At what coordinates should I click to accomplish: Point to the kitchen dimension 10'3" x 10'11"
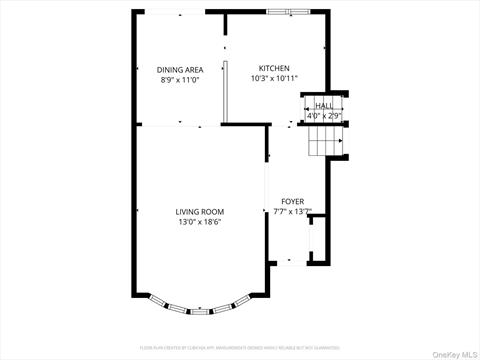pyautogui.click(x=273, y=78)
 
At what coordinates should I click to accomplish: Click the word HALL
pyautogui.click(x=324, y=105)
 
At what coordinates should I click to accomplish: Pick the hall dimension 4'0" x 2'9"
pyautogui.click(x=324, y=115)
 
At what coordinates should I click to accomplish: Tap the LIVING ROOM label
pyautogui.click(x=200, y=212)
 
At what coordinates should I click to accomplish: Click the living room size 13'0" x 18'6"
pyautogui.click(x=200, y=222)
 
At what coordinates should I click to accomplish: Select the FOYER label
pyautogui.click(x=292, y=201)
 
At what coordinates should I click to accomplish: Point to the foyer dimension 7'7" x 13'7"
pyautogui.click(x=292, y=211)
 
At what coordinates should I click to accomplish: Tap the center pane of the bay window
pyautogui.click(x=200, y=313)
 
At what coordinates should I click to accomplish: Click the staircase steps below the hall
pyautogui.click(x=324, y=143)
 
